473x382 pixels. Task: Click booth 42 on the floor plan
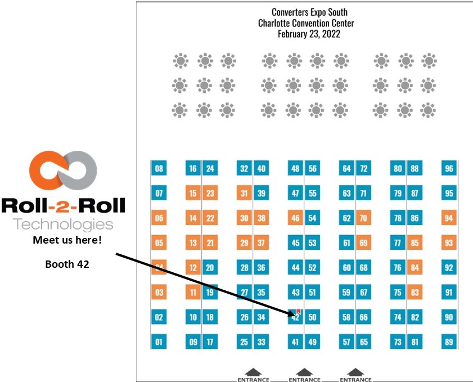(295, 318)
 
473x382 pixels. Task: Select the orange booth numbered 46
(295, 218)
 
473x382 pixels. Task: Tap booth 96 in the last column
(449, 168)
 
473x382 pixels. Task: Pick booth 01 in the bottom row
(159, 341)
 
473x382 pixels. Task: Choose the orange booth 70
(363, 218)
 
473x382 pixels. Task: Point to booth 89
(449, 341)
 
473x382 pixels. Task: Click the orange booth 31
(244, 194)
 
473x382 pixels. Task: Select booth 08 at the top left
(159, 168)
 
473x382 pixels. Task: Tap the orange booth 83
(415, 293)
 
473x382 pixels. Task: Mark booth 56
(313, 168)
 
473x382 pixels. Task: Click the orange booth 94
(449, 218)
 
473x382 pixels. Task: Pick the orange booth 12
(193, 268)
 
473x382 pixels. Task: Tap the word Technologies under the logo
(62, 224)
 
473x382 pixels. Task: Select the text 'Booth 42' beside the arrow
(64, 263)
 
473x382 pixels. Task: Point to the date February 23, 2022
(309, 34)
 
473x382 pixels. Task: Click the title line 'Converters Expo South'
(309, 12)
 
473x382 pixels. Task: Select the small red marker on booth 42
(299, 311)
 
